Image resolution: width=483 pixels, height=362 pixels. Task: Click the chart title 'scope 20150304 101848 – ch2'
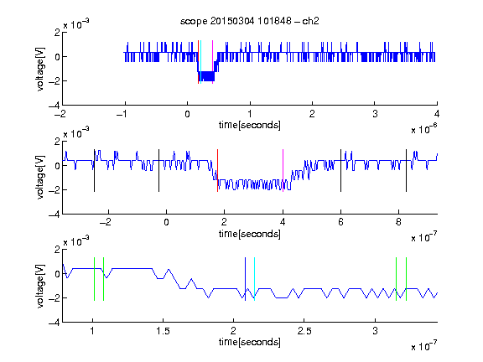pos(250,21)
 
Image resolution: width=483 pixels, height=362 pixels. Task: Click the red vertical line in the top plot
pos(198,62)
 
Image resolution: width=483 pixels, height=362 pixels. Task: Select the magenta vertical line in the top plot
pos(212,62)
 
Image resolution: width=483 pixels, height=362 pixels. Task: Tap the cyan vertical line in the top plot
pos(201,62)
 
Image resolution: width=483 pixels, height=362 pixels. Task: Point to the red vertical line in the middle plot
pos(217,171)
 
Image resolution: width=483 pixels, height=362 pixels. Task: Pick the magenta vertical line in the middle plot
pos(283,171)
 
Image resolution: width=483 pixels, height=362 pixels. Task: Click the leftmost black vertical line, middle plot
pos(94,171)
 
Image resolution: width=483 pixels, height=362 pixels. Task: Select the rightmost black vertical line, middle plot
pos(406,171)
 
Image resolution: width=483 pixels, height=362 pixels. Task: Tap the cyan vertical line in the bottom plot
pos(254,279)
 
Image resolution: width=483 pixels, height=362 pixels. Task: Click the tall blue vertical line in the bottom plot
pos(245,279)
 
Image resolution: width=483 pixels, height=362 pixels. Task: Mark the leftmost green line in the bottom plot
pos(94,279)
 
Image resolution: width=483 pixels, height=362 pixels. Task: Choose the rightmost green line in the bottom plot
pos(407,279)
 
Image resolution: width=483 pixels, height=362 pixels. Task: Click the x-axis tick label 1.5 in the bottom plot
pos(163,331)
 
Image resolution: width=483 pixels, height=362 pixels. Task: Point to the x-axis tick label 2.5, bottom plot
pos(304,331)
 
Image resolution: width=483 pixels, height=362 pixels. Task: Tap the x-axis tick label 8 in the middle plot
pos(398,222)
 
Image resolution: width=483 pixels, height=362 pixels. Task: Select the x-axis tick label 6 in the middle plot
pos(340,222)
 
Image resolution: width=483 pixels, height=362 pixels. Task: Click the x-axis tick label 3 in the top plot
pos(375,114)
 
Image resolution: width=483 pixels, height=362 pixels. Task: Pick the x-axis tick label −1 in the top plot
pos(122,114)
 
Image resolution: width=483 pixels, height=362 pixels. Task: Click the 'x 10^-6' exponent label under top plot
pos(424,129)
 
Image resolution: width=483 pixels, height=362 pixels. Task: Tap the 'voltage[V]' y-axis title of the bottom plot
pos(40,286)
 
